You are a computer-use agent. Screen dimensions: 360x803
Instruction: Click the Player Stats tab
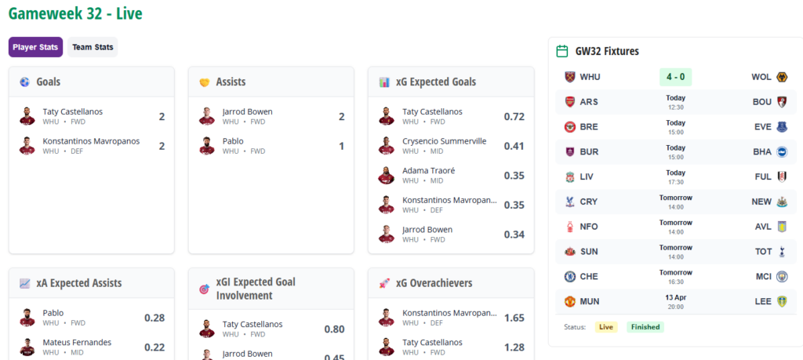[x=35, y=47]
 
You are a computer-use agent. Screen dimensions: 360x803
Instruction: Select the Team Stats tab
[x=93, y=47]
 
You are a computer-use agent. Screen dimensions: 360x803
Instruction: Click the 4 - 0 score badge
[x=675, y=77]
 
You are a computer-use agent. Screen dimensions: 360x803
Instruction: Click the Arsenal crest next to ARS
[x=570, y=102]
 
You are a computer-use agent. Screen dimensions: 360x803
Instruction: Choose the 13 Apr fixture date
[x=675, y=297]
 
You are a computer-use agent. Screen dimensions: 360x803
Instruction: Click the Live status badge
[x=606, y=327]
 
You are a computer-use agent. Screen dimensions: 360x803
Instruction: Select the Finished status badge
[x=645, y=327]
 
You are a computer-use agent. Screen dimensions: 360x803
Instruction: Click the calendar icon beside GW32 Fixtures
[x=561, y=51]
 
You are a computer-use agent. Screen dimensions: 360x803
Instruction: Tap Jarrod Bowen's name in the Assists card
[x=247, y=111]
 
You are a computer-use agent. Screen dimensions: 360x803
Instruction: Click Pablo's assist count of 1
[x=341, y=146]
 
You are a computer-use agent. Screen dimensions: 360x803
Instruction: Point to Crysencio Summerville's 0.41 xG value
[x=514, y=146]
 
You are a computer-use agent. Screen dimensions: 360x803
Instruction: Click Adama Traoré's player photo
[x=386, y=175]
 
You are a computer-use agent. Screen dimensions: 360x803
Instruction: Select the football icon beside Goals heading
[x=24, y=82]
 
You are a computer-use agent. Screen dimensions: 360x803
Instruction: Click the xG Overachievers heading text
[x=434, y=283]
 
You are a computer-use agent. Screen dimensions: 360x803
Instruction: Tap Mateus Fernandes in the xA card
[x=77, y=342]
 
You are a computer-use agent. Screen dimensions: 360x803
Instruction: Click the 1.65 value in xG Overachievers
[x=514, y=318]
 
